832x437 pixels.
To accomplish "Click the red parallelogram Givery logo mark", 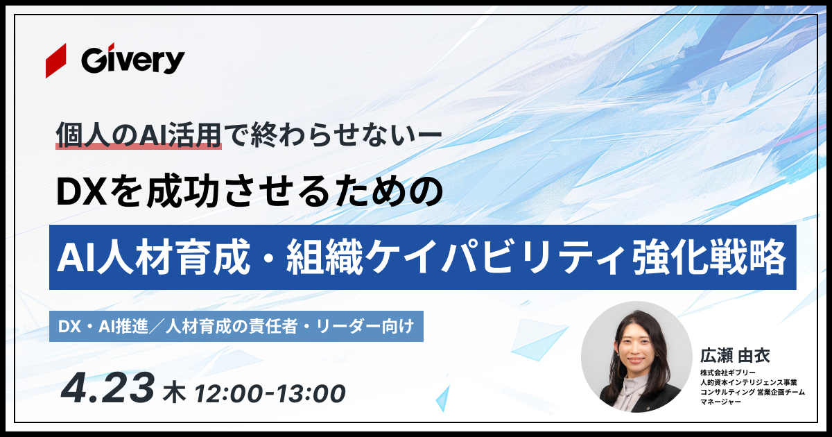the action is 56,60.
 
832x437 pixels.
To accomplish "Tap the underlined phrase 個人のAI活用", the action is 139,135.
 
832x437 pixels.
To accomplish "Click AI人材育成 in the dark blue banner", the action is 154,257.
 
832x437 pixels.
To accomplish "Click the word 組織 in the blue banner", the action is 324,257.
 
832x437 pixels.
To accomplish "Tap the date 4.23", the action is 107,388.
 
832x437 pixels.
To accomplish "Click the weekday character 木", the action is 174,394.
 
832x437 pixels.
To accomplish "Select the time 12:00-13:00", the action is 270,394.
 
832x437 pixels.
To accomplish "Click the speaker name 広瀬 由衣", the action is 735,356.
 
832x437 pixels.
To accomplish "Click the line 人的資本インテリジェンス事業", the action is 748,382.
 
